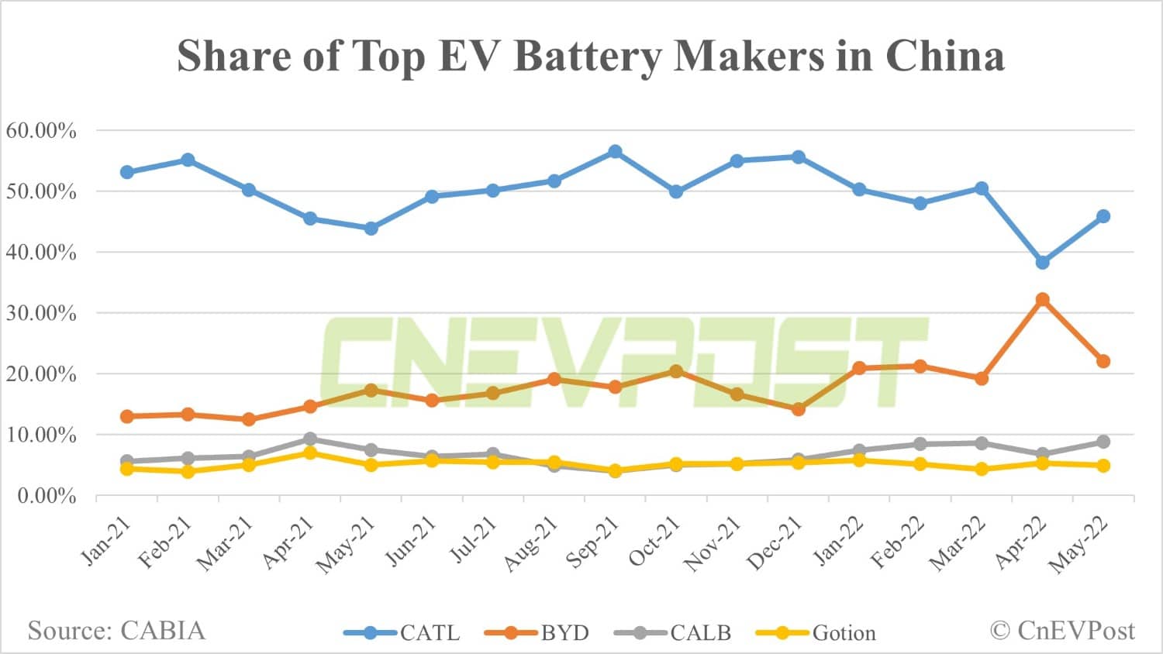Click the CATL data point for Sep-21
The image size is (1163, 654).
[615, 152]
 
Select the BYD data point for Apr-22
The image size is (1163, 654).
[1042, 300]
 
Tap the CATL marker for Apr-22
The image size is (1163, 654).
[1042, 263]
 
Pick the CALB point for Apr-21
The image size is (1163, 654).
[310, 439]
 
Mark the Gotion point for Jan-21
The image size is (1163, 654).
[127, 469]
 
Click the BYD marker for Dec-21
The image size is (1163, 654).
[798, 409]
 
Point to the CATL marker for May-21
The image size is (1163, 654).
[371, 229]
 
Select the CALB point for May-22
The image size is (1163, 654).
[1103, 442]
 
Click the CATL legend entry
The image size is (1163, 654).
[402, 633]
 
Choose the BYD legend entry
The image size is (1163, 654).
[537, 633]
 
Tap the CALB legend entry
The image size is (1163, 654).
[673, 633]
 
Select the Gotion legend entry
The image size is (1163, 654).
[816, 633]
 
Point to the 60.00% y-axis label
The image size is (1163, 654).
[41, 130]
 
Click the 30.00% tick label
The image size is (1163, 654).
[41, 313]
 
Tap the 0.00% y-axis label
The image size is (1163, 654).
[47, 495]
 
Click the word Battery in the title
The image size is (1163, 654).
[589, 56]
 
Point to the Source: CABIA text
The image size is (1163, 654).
[117, 631]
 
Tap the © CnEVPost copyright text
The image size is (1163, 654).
[1062, 631]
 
